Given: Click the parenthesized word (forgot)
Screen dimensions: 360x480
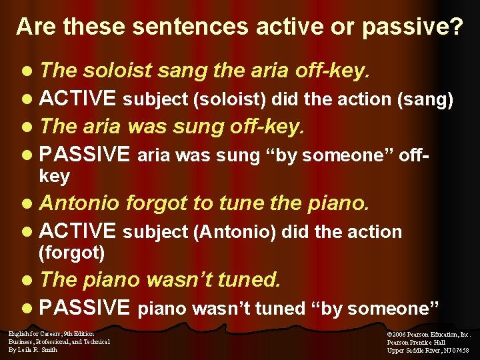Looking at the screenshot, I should pyautogui.click(x=72, y=253).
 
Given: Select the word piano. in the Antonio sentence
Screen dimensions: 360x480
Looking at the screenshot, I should pyautogui.click(x=338, y=203).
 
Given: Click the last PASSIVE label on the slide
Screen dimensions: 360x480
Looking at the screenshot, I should pyautogui.click(x=85, y=307).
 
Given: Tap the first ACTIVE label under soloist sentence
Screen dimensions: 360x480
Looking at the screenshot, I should pyautogui.click(x=78, y=99).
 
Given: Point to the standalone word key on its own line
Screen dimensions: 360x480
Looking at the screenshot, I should pyautogui.click(x=54, y=175).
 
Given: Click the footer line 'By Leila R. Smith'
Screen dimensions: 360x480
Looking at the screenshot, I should pyautogui.click(x=33, y=349).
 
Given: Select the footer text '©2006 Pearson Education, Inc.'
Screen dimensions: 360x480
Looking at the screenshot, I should pyautogui.click(x=429, y=334).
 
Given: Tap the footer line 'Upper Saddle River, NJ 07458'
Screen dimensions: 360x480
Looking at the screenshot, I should pyautogui.click(x=428, y=350).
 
